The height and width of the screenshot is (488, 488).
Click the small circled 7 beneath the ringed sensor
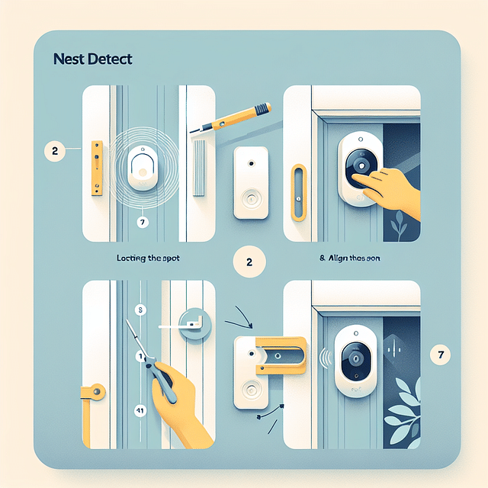[x=142, y=222]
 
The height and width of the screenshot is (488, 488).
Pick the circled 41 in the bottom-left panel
[x=140, y=409]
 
